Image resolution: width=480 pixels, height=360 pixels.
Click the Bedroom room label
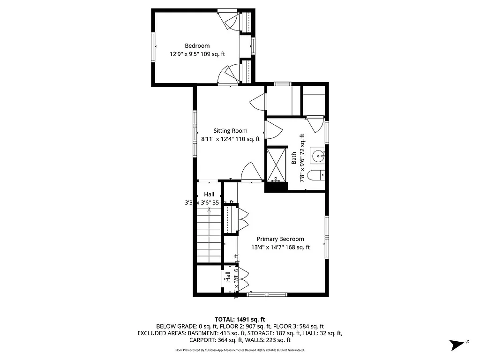tap(197, 46)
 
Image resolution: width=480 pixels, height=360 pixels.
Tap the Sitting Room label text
tap(230, 131)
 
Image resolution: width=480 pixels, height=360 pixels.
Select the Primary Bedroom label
tap(280, 239)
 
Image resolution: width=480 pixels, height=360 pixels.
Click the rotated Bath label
tap(294, 158)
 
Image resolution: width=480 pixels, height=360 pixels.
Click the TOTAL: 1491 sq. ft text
tap(240, 319)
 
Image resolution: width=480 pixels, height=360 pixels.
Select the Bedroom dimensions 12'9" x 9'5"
tap(197, 54)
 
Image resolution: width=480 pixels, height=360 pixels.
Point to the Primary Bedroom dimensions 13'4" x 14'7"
tap(280, 247)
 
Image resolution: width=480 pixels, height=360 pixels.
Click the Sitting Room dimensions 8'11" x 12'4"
tap(230, 139)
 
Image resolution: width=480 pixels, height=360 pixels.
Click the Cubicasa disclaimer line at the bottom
tap(240, 350)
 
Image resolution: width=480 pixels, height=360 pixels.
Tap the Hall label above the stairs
tap(209, 195)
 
